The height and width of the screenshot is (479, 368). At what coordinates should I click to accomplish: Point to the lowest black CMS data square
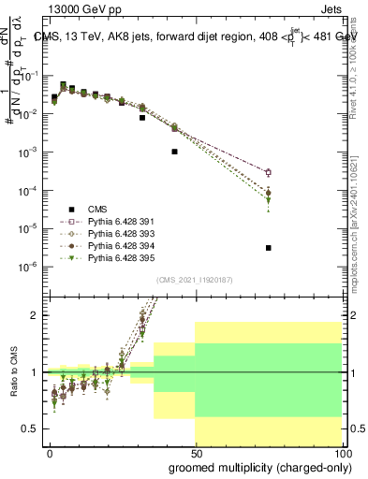click(x=269, y=248)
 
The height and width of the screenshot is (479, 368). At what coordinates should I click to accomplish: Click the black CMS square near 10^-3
click(x=174, y=152)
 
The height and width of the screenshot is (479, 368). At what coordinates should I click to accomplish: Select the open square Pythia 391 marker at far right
click(x=269, y=172)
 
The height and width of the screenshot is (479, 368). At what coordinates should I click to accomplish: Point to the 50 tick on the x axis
click(x=195, y=452)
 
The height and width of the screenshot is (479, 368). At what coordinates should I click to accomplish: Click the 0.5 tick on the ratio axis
click(x=34, y=428)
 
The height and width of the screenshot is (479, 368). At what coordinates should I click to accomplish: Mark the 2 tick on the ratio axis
click(x=37, y=315)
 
